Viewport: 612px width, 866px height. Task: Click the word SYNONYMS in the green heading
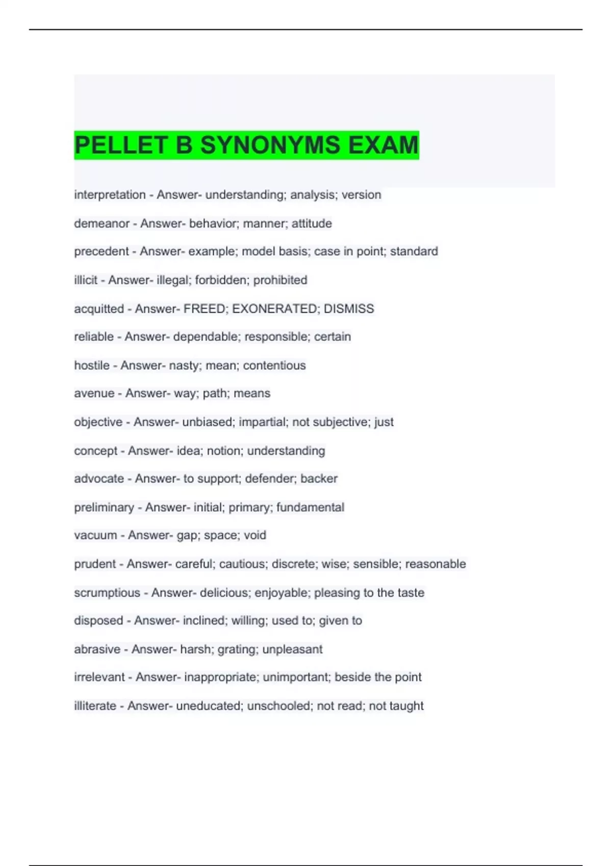pyautogui.click(x=270, y=145)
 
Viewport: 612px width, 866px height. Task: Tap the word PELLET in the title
pyautogui.click(x=121, y=145)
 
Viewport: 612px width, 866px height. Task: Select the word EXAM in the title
pyautogui.click(x=383, y=145)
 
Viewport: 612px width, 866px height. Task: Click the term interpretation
pyautogui.click(x=110, y=195)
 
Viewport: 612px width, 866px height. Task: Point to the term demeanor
pyautogui.click(x=101, y=223)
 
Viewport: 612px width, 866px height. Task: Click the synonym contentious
pyautogui.click(x=274, y=365)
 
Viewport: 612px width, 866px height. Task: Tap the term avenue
pyautogui.click(x=94, y=393)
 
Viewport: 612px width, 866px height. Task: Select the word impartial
pyautogui.click(x=262, y=422)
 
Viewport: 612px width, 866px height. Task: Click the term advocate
pyautogui.click(x=99, y=479)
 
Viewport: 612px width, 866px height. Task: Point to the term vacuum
pyautogui.click(x=95, y=535)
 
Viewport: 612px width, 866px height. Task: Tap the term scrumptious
pyautogui.click(x=107, y=592)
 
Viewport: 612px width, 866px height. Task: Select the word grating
pyautogui.click(x=238, y=649)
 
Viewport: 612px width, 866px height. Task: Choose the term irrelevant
pyautogui.click(x=99, y=677)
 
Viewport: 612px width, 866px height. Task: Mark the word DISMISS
pyautogui.click(x=349, y=309)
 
